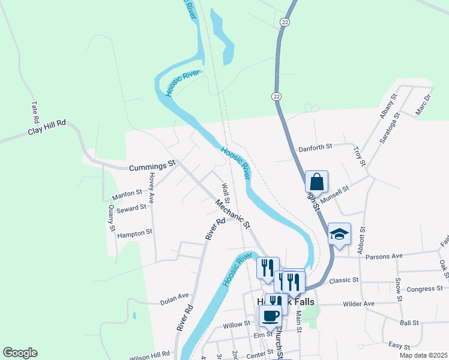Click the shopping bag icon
click(316, 181)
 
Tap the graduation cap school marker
click(339, 234)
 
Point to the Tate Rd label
click(34, 112)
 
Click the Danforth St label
click(315, 148)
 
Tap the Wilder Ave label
click(358, 304)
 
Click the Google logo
click(20, 353)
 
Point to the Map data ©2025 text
click(424, 355)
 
